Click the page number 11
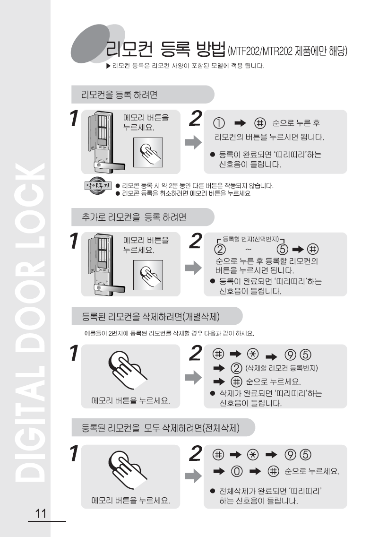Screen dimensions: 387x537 point(41,513)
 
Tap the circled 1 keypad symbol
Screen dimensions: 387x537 point(219,123)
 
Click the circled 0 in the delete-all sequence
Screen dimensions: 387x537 point(236,471)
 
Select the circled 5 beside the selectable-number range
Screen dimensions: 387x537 point(282,249)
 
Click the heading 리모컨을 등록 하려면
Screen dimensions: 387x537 point(119,95)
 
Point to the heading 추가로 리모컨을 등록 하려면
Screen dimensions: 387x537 point(134,217)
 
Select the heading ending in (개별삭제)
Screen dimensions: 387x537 point(151,316)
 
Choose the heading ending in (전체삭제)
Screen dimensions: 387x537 point(160,428)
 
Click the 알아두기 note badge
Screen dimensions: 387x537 point(98,185)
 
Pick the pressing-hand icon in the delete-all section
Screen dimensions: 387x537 point(128,470)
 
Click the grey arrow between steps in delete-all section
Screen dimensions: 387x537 point(194,476)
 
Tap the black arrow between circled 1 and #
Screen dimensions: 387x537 point(240,123)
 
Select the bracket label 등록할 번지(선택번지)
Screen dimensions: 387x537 point(251,239)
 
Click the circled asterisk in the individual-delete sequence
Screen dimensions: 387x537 point(253,354)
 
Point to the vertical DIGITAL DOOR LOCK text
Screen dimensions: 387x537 point(30,322)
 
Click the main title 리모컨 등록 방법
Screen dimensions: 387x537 point(165,49)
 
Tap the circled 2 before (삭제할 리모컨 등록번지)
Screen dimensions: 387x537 point(236,368)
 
